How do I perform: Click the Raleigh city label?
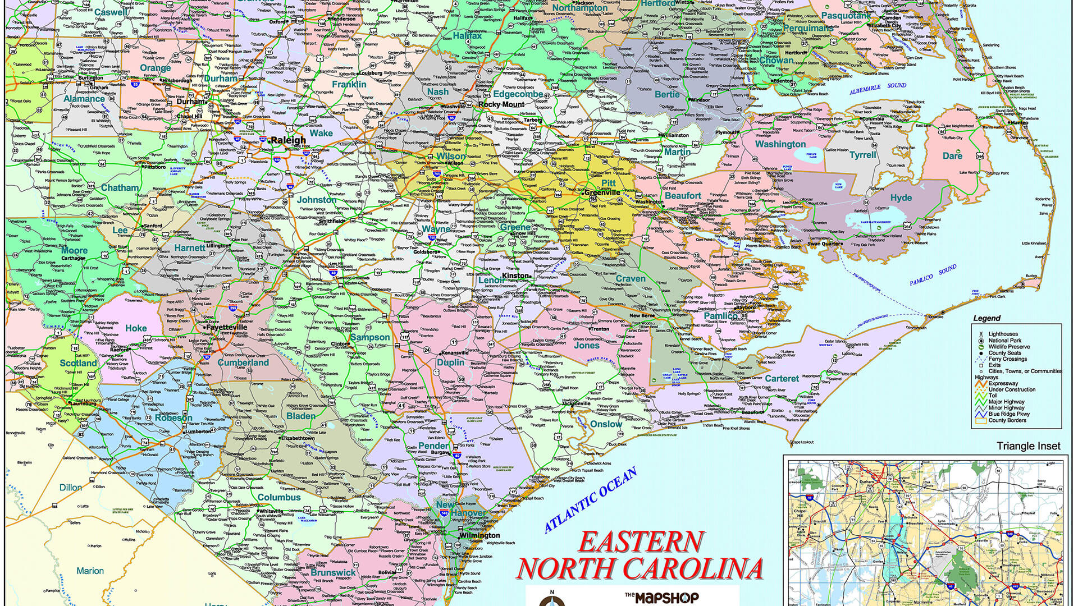pyautogui.click(x=288, y=140)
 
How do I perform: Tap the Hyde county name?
pyautogui.click(x=901, y=198)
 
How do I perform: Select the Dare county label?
pyautogui.click(x=952, y=156)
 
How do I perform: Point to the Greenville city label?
pyautogui.click(x=602, y=192)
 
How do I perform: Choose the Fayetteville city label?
pyautogui.click(x=226, y=327)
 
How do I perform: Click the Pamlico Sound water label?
pyautogui.click(x=933, y=276)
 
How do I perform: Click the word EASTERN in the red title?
pyautogui.click(x=641, y=542)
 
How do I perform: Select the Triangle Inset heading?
pyautogui.click(x=1028, y=446)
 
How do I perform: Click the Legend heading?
pyautogui.click(x=986, y=318)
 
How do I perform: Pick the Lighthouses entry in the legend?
pyautogui.click(x=1003, y=334)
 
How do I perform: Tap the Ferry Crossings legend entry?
pyautogui.click(x=1007, y=359)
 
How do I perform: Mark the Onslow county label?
pyautogui.click(x=606, y=424)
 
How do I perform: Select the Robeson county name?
pyautogui.click(x=173, y=418)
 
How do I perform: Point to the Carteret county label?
pyautogui.click(x=782, y=379)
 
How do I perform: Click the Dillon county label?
pyautogui.click(x=71, y=488)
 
